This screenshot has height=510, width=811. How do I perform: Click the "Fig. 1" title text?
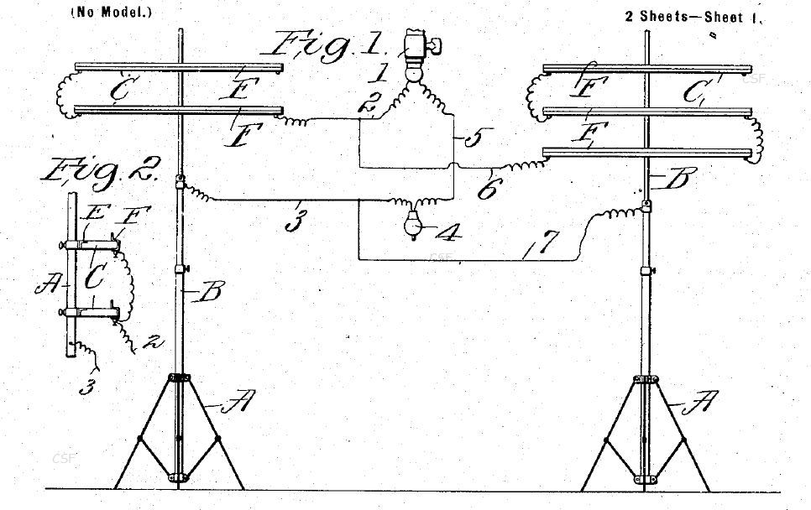tap(327, 45)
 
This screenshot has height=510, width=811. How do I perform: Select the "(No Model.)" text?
tap(112, 13)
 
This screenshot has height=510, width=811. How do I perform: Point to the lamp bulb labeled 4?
tap(413, 225)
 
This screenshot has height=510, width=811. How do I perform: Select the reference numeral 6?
tap(487, 190)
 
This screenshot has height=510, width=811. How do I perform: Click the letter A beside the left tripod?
tap(238, 401)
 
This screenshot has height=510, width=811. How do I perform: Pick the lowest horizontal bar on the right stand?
tap(647, 153)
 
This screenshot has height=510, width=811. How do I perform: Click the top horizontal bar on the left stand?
tap(179, 68)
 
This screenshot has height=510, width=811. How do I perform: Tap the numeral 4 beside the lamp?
tap(448, 232)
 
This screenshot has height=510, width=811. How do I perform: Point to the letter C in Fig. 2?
tap(94, 278)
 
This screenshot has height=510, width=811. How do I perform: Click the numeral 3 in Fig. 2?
tap(87, 388)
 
